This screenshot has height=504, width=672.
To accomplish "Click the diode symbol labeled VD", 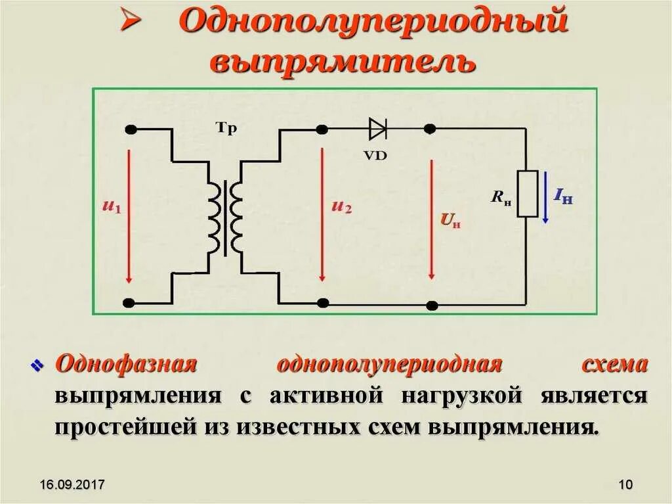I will (x=378, y=129).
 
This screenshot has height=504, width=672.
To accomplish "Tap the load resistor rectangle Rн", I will (x=528, y=193).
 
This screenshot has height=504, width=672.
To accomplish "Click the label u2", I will (x=342, y=207).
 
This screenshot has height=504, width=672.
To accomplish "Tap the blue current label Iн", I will (x=563, y=195).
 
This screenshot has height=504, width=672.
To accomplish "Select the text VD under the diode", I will (x=379, y=155).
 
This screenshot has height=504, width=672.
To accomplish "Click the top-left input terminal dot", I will (x=131, y=129).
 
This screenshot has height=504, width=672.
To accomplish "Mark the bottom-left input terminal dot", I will (x=129, y=303).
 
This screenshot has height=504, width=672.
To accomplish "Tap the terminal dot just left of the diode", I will (x=322, y=129).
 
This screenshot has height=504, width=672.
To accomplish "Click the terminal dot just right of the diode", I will (x=430, y=129).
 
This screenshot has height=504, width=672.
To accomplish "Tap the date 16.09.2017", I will (x=72, y=485).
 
